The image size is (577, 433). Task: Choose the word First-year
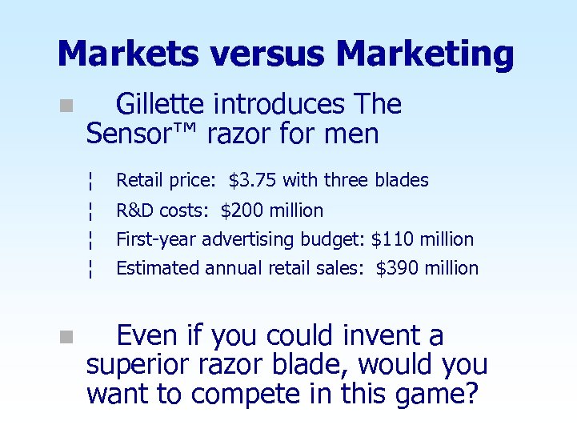157,239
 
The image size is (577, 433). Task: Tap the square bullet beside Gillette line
65,106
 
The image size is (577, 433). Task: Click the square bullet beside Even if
65,337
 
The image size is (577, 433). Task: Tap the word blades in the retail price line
402,181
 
